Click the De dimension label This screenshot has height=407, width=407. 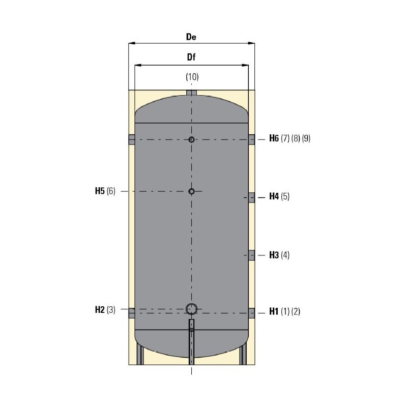pyautogui.click(x=191, y=37)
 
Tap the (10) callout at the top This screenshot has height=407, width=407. pyautogui.click(x=191, y=77)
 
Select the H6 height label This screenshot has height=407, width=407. pyautogui.click(x=274, y=139)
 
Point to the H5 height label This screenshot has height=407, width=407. pyautogui.click(x=99, y=191)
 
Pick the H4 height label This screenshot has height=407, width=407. pyautogui.click(x=274, y=196)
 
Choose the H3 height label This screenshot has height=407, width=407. pyautogui.click(x=274, y=255)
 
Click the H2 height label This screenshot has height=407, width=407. pyautogui.click(x=100, y=309)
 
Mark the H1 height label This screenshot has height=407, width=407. pyautogui.click(x=274, y=312)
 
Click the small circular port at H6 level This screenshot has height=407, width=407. pyautogui.click(x=191, y=139)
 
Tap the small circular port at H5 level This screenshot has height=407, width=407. pyautogui.click(x=191, y=191)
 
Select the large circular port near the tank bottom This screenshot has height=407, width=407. pyautogui.click(x=191, y=308)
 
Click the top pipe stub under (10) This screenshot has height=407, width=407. pyautogui.click(x=191, y=93)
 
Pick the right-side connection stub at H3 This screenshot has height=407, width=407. pyautogui.click(x=251, y=255)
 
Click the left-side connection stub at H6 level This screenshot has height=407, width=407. pyautogui.click(x=131, y=139)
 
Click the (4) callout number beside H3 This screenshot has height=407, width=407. pyautogui.click(x=285, y=255)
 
